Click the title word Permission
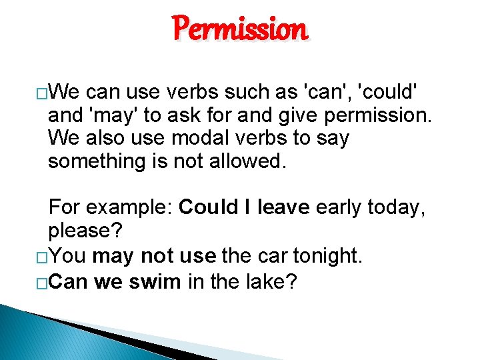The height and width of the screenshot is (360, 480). point(240,30)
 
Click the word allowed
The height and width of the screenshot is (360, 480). point(248,161)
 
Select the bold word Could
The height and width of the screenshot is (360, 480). point(207,208)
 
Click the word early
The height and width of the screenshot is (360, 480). point(340,208)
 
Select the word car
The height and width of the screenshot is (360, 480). point(268,256)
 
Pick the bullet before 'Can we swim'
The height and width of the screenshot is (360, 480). point(41,282)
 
